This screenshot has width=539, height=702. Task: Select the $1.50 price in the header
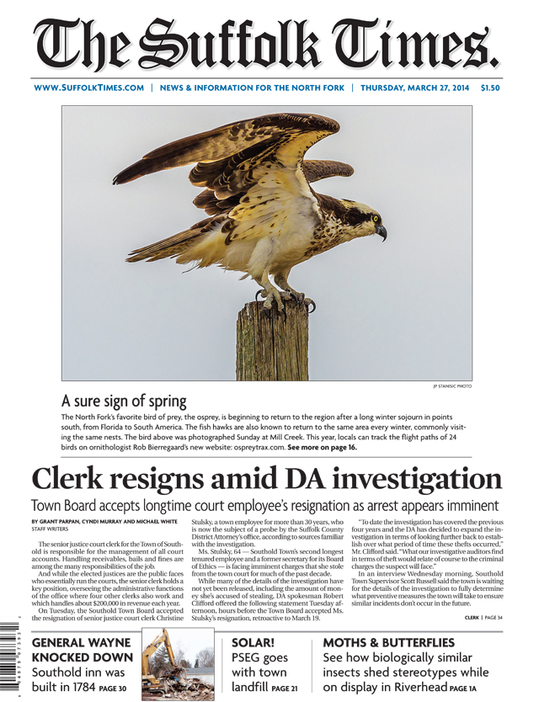point(490,87)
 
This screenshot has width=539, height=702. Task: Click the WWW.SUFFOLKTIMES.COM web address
point(88,87)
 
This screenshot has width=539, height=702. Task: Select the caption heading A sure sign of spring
point(124,400)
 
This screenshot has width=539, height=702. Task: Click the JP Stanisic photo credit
point(451,386)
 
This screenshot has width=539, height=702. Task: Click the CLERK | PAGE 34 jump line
point(483,618)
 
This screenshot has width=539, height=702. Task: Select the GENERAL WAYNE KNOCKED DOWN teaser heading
point(81,649)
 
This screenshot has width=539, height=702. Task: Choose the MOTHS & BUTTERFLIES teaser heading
point(388,642)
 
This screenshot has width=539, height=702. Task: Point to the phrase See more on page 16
point(322,448)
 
